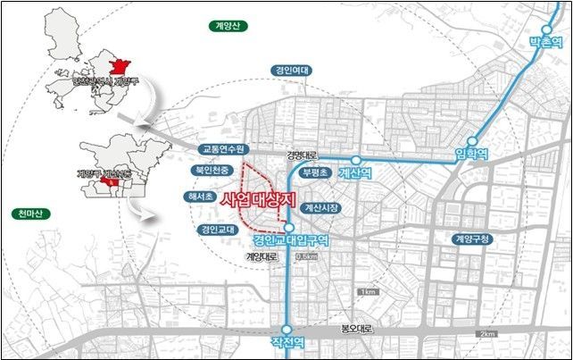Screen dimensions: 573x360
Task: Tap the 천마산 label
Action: click(35, 213)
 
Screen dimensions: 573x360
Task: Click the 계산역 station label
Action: click(354, 175)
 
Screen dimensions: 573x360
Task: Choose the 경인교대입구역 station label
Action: click(292, 240)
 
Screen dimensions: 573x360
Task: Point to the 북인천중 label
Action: click(212, 169)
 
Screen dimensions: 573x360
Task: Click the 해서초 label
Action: click(201, 196)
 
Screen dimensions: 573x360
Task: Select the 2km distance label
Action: click(486, 333)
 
